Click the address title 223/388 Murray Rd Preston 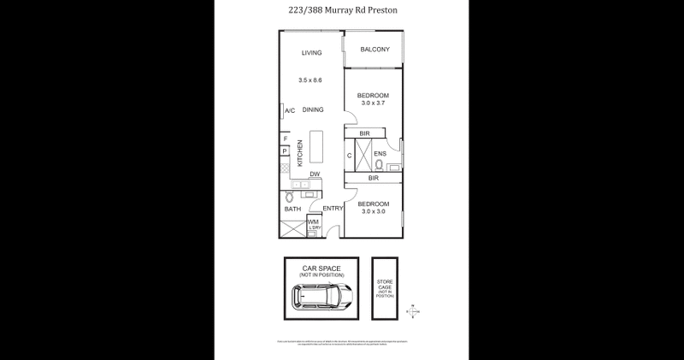[342, 12]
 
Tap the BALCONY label [374, 50]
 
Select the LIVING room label [311, 53]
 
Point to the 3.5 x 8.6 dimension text [311, 80]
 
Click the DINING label [312, 109]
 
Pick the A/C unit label [290, 110]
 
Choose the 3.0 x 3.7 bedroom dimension [374, 103]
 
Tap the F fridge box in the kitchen [286, 139]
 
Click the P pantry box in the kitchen [285, 151]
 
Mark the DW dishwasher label [315, 174]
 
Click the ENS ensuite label [380, 155]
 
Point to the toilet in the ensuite [379, 165]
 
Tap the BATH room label [292, 209]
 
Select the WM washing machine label [313, 221]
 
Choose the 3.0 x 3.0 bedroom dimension [374, 211]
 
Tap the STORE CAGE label [386, 284]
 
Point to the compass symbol [414, 310]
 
